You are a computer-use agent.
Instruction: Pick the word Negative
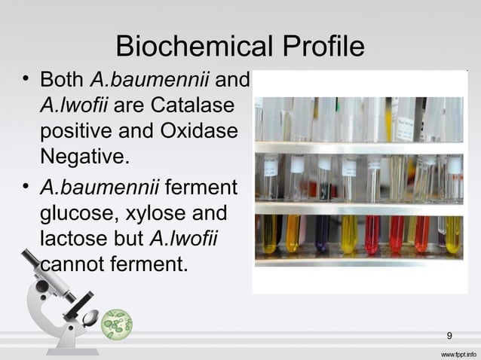click(x=84, y=157)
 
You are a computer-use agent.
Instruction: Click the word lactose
click(x=72, y=239)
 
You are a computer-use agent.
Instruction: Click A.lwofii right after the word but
click(x=184, y=239)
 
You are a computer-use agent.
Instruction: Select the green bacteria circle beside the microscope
click(x=117, y=324)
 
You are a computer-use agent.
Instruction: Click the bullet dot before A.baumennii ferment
click(x=26, y=185)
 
